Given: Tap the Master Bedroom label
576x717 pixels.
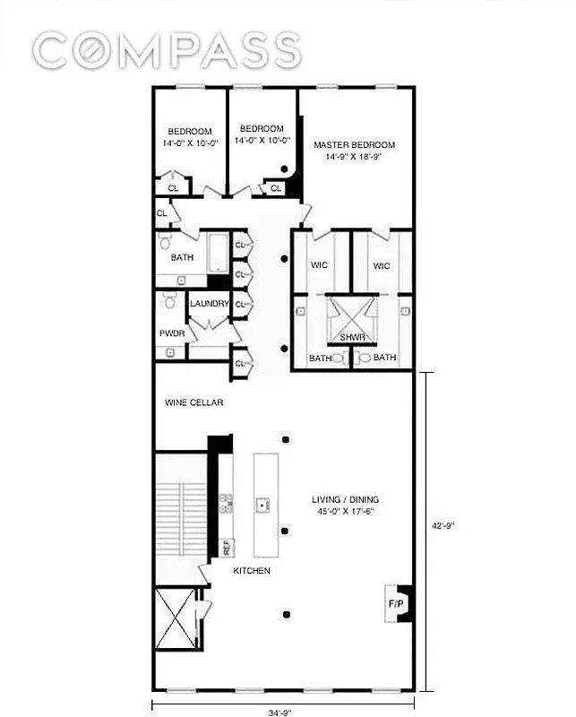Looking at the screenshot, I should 354,145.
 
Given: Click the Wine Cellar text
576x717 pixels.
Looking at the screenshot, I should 193,402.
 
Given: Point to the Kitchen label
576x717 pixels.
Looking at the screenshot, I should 252,571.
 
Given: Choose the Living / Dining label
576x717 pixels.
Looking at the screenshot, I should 345,499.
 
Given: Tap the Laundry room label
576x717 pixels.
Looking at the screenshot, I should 210,304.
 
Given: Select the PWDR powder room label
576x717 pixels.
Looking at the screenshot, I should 171,333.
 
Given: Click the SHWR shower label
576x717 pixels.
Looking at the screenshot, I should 349,338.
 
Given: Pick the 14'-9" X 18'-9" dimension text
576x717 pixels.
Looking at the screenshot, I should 354,158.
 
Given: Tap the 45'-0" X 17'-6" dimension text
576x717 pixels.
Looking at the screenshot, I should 345,512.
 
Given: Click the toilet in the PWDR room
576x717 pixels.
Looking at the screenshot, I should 169,304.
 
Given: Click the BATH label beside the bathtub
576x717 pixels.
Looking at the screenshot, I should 182,258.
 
